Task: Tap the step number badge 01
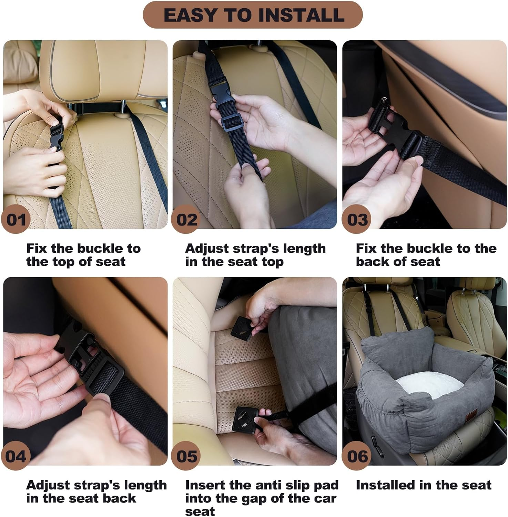[x=16, y=220]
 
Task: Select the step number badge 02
[x=186, y=220]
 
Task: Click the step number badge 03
[x=357, y=220]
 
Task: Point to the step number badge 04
[x=16, y=456]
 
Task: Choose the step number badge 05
[x=186, y=456]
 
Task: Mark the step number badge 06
[x=357, y=456]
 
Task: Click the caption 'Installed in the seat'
[x=423, y=485]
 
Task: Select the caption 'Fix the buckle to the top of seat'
[x=83, y=255]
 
